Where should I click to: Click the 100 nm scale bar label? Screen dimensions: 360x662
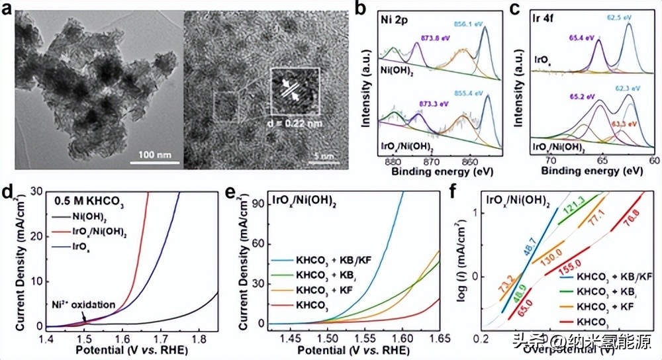pyautogui.click(x=157, y=155)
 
